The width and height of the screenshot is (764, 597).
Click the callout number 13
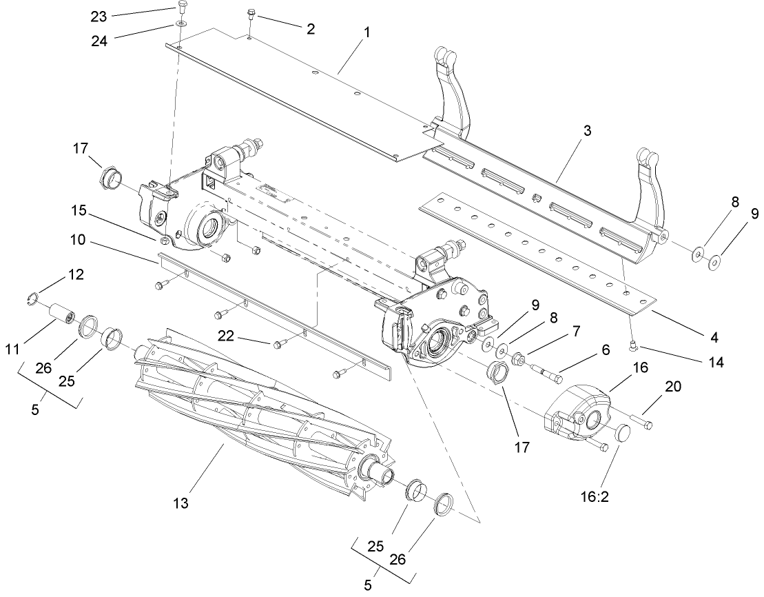181,504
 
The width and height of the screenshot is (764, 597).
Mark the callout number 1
366,32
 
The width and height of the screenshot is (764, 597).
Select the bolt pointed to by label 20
641,421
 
